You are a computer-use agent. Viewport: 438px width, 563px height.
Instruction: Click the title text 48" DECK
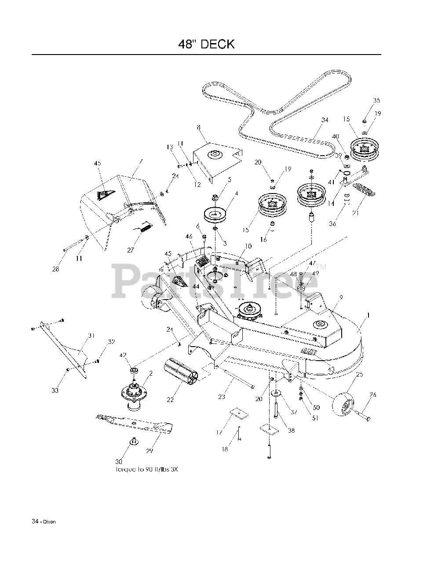[x=206, y=44]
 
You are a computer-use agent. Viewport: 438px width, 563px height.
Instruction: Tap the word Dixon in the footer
[x=50, y=522]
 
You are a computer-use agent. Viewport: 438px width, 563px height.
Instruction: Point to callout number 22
[x=170, y=399]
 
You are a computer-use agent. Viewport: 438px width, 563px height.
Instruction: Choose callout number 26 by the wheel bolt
[x=373, y=395]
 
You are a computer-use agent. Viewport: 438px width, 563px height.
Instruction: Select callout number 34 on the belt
[x=325, y=120]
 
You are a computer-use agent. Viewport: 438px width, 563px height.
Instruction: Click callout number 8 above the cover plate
[x=199, y=127]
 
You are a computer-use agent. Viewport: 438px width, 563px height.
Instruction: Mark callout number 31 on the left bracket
[x=91, y=336]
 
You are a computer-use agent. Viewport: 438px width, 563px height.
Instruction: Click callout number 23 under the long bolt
[x=221, y=397]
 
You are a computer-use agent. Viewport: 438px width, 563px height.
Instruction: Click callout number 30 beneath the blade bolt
[x=119, y=461]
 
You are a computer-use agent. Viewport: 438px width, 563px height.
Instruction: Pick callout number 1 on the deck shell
[x=368, y=315]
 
